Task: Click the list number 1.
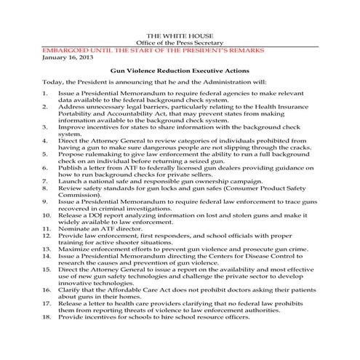pos(45,95)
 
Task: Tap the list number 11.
pos(47,229)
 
